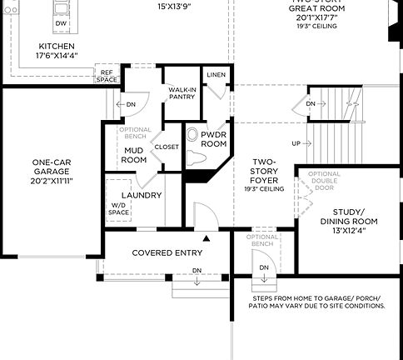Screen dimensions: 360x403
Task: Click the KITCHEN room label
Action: [56, 47]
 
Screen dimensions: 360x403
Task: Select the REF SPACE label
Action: [107, 76]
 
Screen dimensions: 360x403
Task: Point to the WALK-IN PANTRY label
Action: [182, 92]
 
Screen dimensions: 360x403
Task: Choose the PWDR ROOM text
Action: [214, 138]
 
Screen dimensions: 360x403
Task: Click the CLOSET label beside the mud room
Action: [167, 147]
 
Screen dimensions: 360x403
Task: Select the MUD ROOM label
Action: [134, 154]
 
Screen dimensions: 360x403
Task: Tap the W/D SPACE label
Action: [120, 210]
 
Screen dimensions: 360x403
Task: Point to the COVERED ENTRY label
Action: [163, 252]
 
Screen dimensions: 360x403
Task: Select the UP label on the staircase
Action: [296, 143]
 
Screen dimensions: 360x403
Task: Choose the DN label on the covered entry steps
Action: [197, 271]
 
